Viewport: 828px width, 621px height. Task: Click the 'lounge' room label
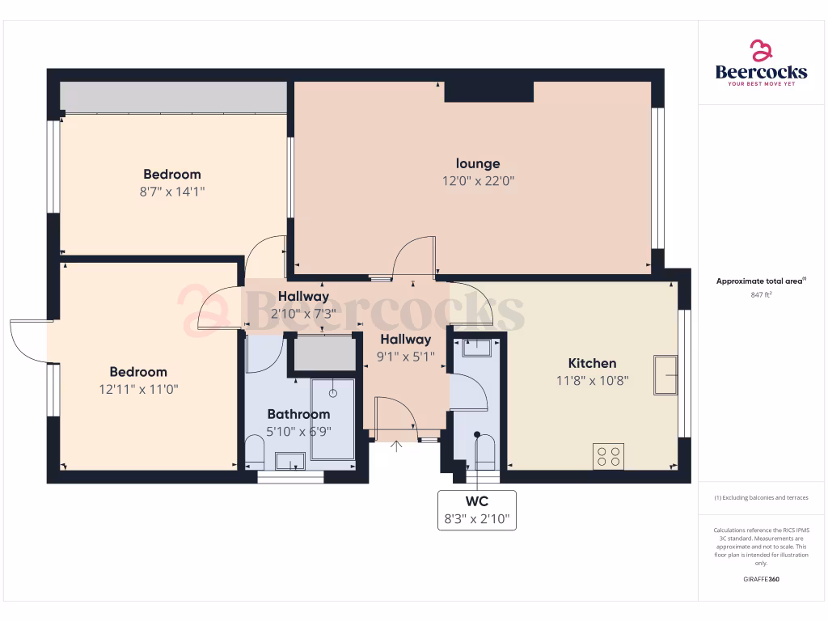pyautogui.click(x=477, y=164)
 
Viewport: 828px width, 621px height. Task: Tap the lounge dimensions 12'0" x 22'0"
pyautogui.click(x=477, y=181)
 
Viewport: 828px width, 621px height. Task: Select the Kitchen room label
pyautogui.click(x=592, y=363)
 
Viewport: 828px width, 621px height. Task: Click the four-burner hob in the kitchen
pyautogui.click(x=608, y=457)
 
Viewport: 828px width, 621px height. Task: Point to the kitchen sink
pyautogui.click(x=665, y=375)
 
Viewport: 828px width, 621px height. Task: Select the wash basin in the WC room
pyautogui.click(x=476, y=349)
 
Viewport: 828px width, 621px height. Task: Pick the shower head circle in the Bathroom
pyautogui.click(x=332, y=393)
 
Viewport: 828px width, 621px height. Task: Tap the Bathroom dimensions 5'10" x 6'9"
pyautogui.click(x=298, y=431)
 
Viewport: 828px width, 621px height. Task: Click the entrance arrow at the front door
pyautogui.click(x=396, y=446)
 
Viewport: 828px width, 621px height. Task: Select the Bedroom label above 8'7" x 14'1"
pyautogui.click(x=171, y=174)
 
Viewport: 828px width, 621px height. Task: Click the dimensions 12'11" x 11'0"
pyautogui.click(x=138, y=389)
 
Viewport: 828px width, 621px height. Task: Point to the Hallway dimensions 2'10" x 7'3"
pyautogui.click(x=303, y=314)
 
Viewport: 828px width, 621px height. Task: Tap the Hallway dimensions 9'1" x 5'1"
pyautogui.click(x=405, y=356)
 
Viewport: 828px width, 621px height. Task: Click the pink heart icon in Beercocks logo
pyautogui.click(x=761, y=51)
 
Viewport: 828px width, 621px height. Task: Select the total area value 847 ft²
pyautogui.click(x=761, y=296)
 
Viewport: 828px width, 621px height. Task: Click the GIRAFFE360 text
pyautogui.click(x=761, y=579)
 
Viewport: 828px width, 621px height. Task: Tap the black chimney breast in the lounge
pyautogui.click(x=488, y=91)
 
